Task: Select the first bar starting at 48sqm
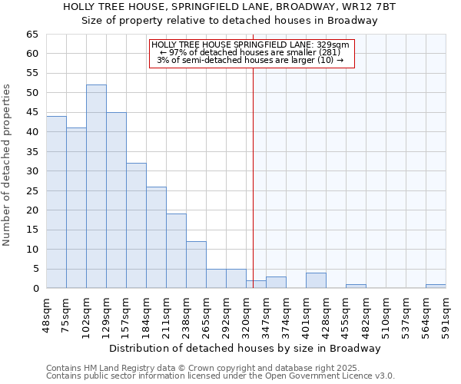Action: (56, 202)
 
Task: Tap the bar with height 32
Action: (136, 226)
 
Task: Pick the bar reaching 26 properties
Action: (156, 237)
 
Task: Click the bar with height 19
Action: (176, 251)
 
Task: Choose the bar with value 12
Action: (196, 265)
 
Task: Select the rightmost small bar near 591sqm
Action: (436, 286)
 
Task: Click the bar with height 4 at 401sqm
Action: (316, 280)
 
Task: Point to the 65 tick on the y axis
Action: (32, 35)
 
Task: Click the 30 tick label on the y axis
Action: (32, 171)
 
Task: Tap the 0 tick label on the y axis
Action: (35, 289)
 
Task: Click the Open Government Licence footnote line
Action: (221, 376)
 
